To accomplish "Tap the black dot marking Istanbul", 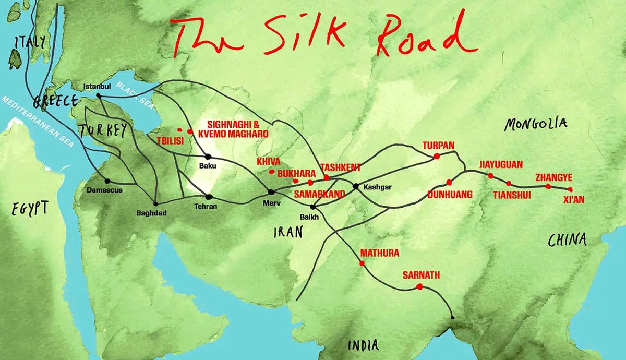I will tap(99, 95).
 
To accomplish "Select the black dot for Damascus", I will tap(107, 181).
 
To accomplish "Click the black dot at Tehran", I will tap(209, 197).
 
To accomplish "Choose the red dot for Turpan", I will tap(436, 155).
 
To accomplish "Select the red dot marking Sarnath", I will tap(419, 286).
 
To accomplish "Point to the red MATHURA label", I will tap(379, 253).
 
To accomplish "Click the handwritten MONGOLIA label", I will tap(535, 124).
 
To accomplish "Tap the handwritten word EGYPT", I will tap(31, 208).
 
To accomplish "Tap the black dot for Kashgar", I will tap(355, 186).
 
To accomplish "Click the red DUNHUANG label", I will tap(450, 194).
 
